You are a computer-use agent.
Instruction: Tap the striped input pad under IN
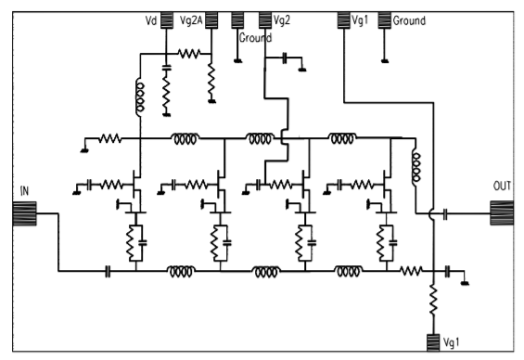point(23,214)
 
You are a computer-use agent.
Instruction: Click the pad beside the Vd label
point(167,19)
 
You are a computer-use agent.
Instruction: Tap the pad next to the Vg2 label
point(265,19)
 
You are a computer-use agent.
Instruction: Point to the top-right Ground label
point(409,19)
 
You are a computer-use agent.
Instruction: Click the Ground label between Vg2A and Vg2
point(255,39)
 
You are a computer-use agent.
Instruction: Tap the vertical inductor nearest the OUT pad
point(416,165)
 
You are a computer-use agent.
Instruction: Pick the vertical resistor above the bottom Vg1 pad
point(433,298)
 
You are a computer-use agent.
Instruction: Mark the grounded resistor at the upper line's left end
point(110,140)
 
